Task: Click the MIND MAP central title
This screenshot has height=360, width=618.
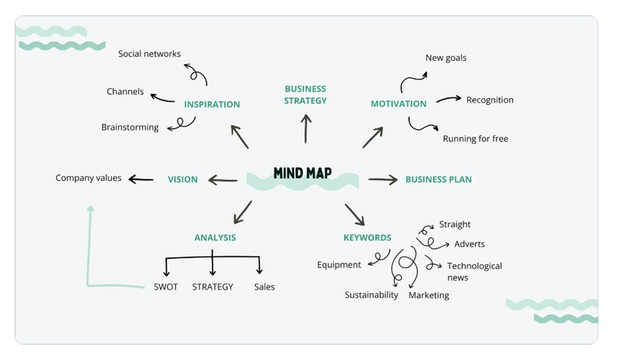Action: click(302, 173)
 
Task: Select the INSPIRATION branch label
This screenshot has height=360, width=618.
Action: click(212, 104)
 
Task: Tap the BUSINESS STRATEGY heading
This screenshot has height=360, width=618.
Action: click(306, 94)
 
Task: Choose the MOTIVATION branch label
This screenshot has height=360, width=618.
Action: click(399, 104)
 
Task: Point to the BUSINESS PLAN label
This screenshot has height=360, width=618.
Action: click(438, 180)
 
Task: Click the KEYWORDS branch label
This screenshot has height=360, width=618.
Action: click(367, 238)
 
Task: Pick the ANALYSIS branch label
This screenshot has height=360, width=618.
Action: click(215, 238)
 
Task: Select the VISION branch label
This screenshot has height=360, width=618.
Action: click(183, 179)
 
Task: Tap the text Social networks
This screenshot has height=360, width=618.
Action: click(149, 54)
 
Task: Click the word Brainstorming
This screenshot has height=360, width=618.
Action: click(130, 127)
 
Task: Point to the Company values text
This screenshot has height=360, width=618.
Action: click(88, 178)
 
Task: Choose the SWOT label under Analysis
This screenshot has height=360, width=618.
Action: click(165, 287)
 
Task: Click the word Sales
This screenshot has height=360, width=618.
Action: click(264, 287)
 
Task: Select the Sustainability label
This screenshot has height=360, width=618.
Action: click(372, 295)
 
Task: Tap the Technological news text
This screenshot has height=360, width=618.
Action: click(474, 271)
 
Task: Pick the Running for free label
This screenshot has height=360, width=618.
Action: click(475, 139)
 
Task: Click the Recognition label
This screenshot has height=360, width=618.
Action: click(490, 100)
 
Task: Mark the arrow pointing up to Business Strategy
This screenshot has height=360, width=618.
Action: click(306, 128)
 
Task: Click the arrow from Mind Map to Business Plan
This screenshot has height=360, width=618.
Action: click(382, 179)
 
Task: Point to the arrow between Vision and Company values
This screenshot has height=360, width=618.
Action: click(141, 179)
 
